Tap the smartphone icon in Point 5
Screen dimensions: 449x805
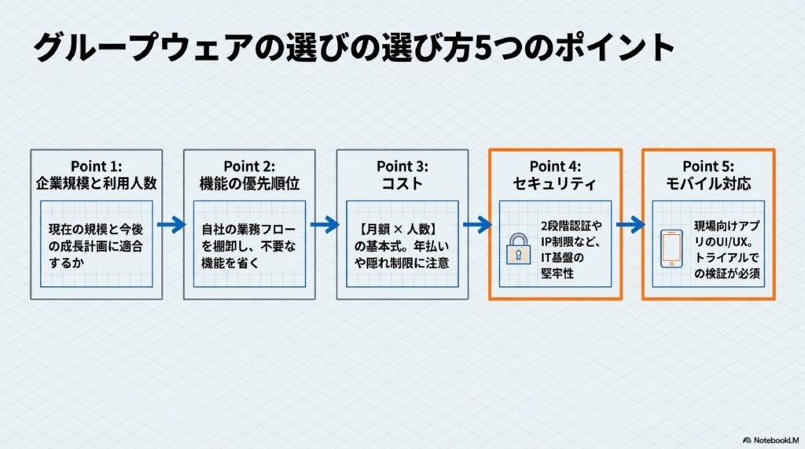point(671,248)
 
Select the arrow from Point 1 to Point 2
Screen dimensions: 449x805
point(172,225)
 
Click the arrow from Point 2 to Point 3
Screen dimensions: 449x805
point(325,225)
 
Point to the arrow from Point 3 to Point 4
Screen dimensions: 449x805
point(477,225)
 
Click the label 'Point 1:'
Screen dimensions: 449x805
point(96,166)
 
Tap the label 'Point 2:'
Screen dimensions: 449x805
point(249,166)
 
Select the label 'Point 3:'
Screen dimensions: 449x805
point(402,166)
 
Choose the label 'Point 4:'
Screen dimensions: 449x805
point(555,166)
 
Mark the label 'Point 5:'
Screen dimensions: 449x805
point(708,166)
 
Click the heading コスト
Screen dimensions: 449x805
point(402,185)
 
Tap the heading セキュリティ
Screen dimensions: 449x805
point(555,185)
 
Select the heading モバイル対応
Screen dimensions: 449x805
point(708,185)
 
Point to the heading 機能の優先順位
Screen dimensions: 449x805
point(249,185)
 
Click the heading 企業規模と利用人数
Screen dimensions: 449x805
point(96,185)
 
